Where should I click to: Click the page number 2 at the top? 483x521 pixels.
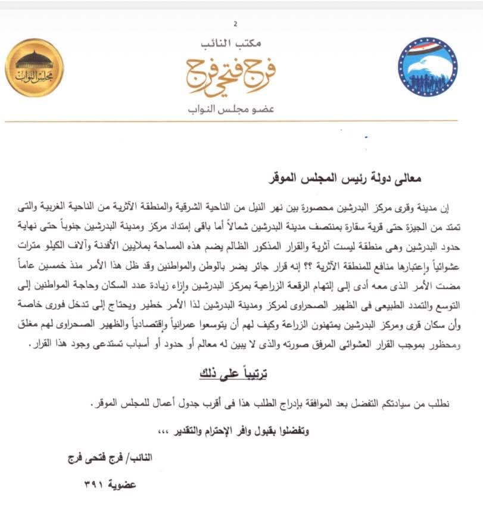pos(236,24)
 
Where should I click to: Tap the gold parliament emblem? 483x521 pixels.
pos(35,67)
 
